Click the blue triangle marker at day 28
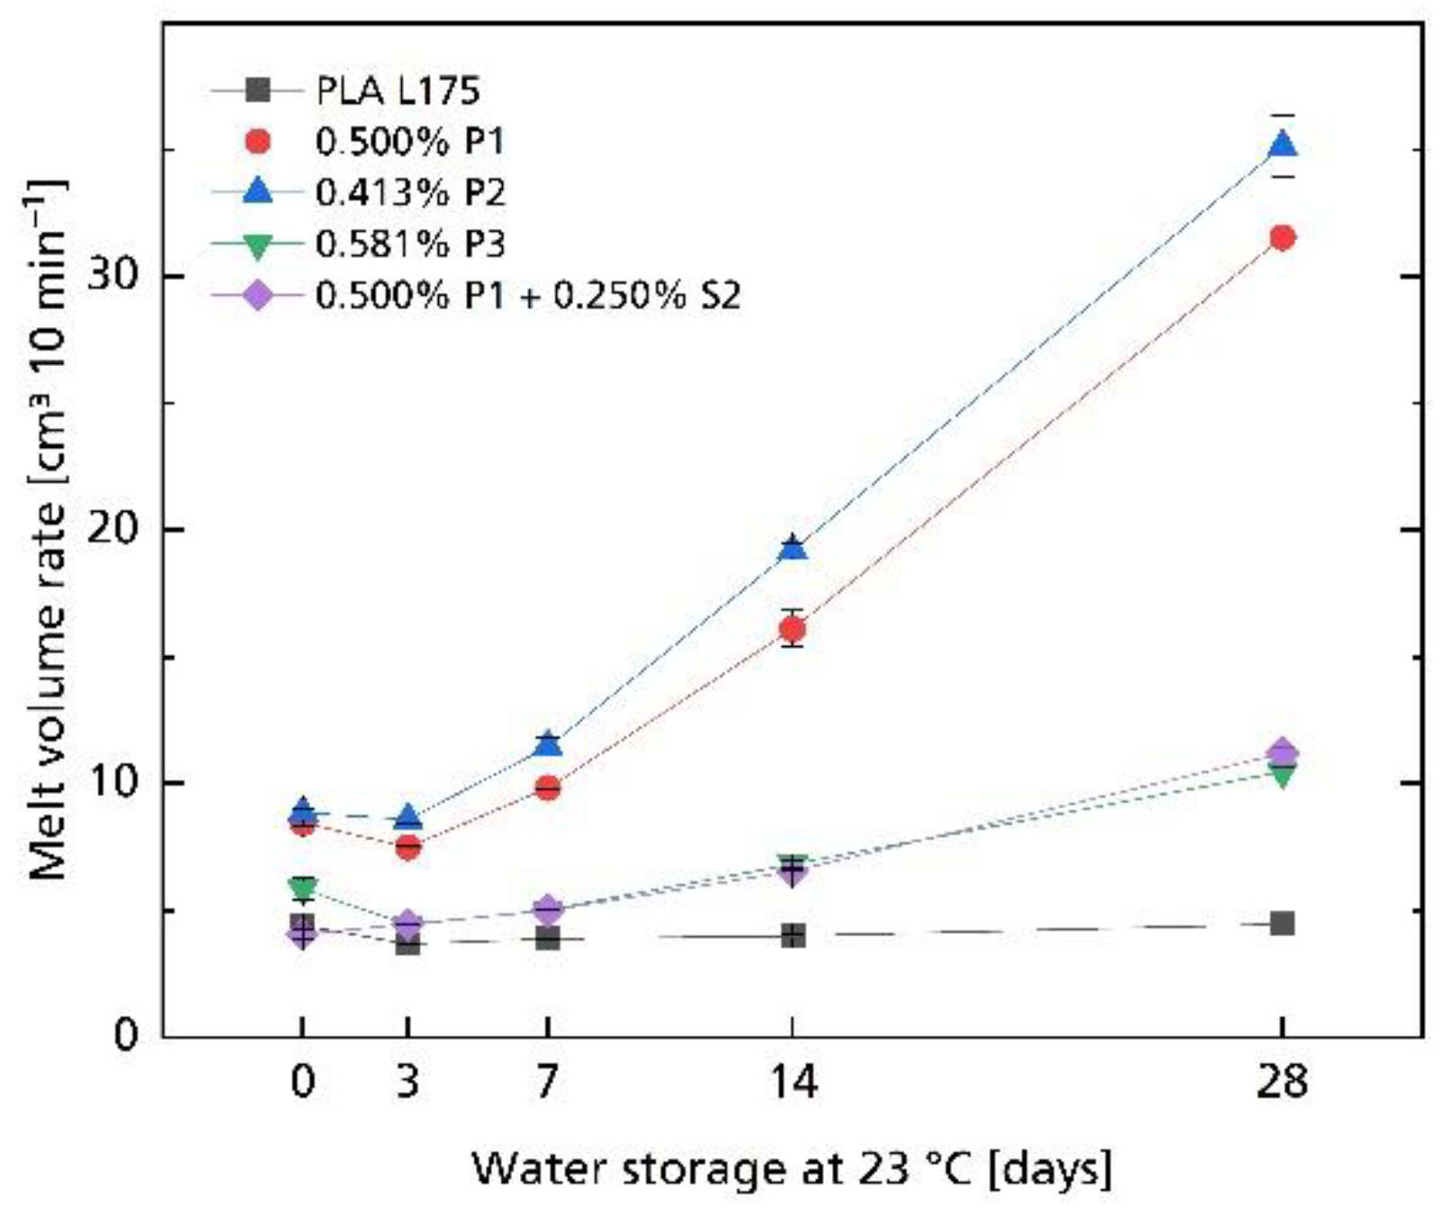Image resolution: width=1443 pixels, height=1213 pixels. click(1282, 144)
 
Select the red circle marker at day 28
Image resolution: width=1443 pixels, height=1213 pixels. click(1282, 238)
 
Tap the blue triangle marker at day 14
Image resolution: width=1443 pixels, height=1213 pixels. click(792, 547)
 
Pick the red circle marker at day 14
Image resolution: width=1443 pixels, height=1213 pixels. click(792, 629)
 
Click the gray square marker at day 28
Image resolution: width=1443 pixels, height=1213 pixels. click(1282, 924)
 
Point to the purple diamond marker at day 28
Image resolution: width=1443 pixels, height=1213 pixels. click(1282, 752)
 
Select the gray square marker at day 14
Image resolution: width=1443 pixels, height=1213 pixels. click(792, 936)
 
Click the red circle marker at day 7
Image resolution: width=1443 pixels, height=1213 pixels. click(547, 789)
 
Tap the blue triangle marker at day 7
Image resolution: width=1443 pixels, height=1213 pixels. click(547, 744)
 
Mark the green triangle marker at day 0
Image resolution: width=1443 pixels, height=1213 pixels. click(303, 888)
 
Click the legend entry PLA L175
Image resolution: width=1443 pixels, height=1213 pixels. click(397, 90)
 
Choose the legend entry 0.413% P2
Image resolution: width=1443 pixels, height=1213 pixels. click(410, 193)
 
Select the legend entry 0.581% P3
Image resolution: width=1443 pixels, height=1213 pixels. click(410, 244)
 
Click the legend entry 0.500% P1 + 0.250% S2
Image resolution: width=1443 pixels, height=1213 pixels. click(527, 296)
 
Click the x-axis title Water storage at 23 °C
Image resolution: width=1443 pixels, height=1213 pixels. click(792, 1170)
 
